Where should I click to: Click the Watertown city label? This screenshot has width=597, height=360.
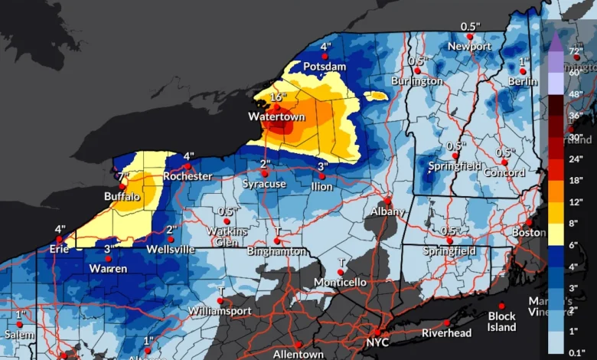click(x=276, y=117)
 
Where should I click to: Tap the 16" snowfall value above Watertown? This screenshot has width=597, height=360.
click(x=277, y=97)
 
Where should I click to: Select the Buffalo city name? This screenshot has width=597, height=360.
click(x=122, y=197)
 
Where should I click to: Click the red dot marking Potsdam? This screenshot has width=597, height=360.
click(x=325, y=56)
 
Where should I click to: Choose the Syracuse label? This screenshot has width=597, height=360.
click(x=264, y=184)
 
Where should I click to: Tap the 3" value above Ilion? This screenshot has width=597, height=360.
click(x=322, y=166)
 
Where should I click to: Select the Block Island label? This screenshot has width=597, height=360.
click(x=502, y=322)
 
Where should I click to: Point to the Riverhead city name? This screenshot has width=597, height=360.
click(x=448, y=333)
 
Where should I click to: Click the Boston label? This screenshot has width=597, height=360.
click(x=529, y=232)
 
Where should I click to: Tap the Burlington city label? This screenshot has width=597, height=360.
click(x=416, y=80)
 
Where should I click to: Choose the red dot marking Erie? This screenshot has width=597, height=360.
click(x=60, y=239)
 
